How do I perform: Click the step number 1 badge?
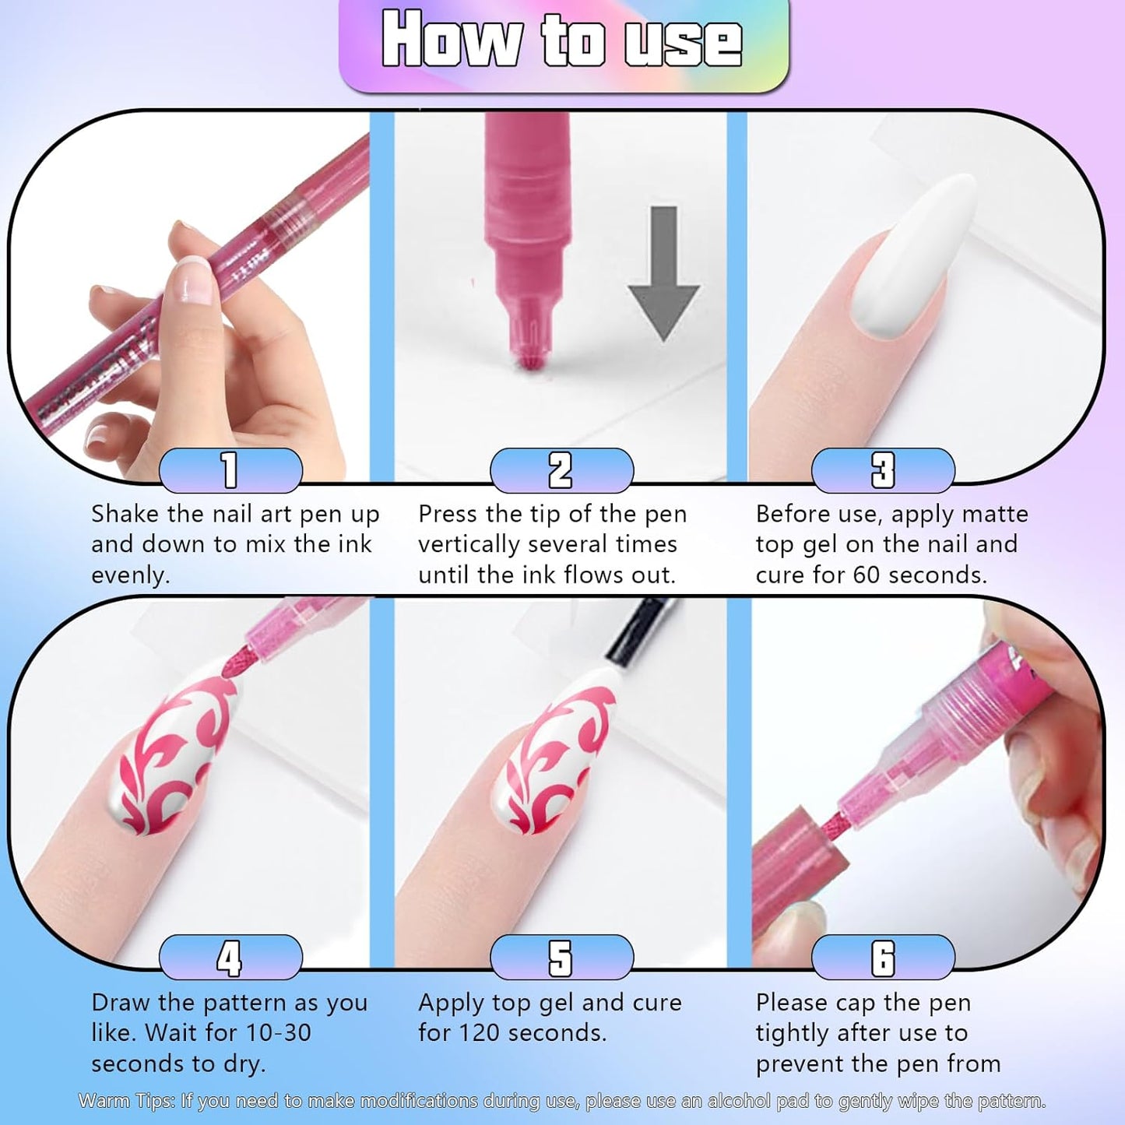point(230,470)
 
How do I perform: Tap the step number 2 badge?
point(561,470)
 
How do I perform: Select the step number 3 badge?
point(883,470)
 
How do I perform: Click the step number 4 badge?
point(230,958)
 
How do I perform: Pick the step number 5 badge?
point(561,958)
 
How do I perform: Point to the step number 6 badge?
point(883,958)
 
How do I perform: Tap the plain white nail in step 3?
point(916,257)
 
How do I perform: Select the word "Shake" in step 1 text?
point(126,515)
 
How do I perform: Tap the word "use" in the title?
point(682,42)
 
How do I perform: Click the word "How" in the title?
point(451,40)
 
